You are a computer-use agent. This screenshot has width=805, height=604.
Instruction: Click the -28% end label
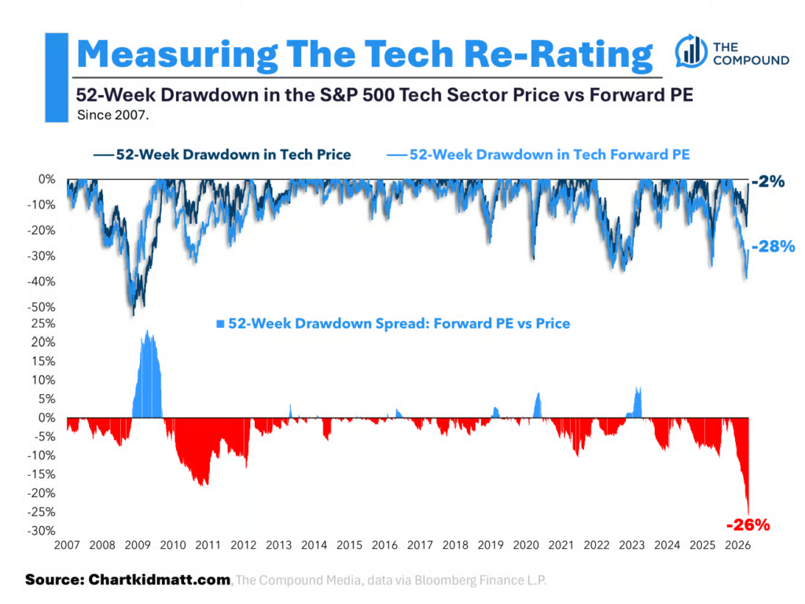click(x=773, y=247)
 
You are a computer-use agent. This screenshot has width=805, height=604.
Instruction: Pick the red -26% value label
click(x=747, y=524)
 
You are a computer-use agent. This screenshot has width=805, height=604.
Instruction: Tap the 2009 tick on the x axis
click(x=138, y=544)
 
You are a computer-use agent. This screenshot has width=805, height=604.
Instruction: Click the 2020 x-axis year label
click(x=526, y=544)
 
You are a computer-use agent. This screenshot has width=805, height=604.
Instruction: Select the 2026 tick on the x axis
click(x=737, y=544)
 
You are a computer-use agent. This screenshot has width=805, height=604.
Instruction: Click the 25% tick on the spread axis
click(x=44, y=323)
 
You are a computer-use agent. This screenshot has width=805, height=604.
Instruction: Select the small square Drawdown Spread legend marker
click(x=220, y=323)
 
